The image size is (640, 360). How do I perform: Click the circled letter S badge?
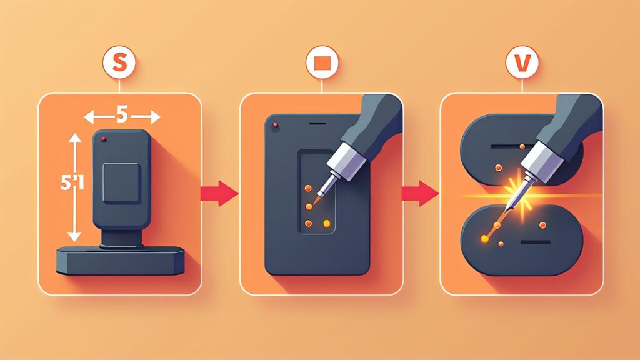pyautogui.click(x=119, y=62)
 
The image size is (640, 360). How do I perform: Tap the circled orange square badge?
pyautogui.click(x=322, y=62)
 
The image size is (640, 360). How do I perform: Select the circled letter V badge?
pyautogui.click(x=522, y=62)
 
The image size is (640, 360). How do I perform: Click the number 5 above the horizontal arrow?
pyautogui.click(x=122, y=115)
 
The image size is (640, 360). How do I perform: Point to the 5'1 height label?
pyautogui.click(x=72, y=182)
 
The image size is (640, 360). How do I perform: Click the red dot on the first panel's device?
pyautogui.click(x=104, y=139)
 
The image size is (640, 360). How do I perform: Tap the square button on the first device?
pyautogui.click(x=121, y=182)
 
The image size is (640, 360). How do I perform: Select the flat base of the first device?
pyautogui.click(x=120, y=261)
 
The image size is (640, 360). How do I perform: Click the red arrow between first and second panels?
pyautogui.click(x=219, y=193)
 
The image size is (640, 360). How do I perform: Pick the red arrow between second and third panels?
pyautogui.click(x=421, y=193)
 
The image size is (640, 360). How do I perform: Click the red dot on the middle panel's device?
pyautogui.click(x=276, y=124)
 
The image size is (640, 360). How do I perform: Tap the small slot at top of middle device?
pyautogui.click(x=317, y=123)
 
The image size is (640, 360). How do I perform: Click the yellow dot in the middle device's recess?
pyautogui.click(x=326, y=224)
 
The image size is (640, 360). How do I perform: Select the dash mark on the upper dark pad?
pyautogui.click(x=506, y=146)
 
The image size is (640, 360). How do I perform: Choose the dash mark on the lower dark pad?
pyautogui.click(x=535, y=242)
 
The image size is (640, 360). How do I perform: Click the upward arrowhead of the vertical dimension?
pyautogui.click(x=75, y=138)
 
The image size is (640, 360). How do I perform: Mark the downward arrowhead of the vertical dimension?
pyautogui.click(x=74, y=236)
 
